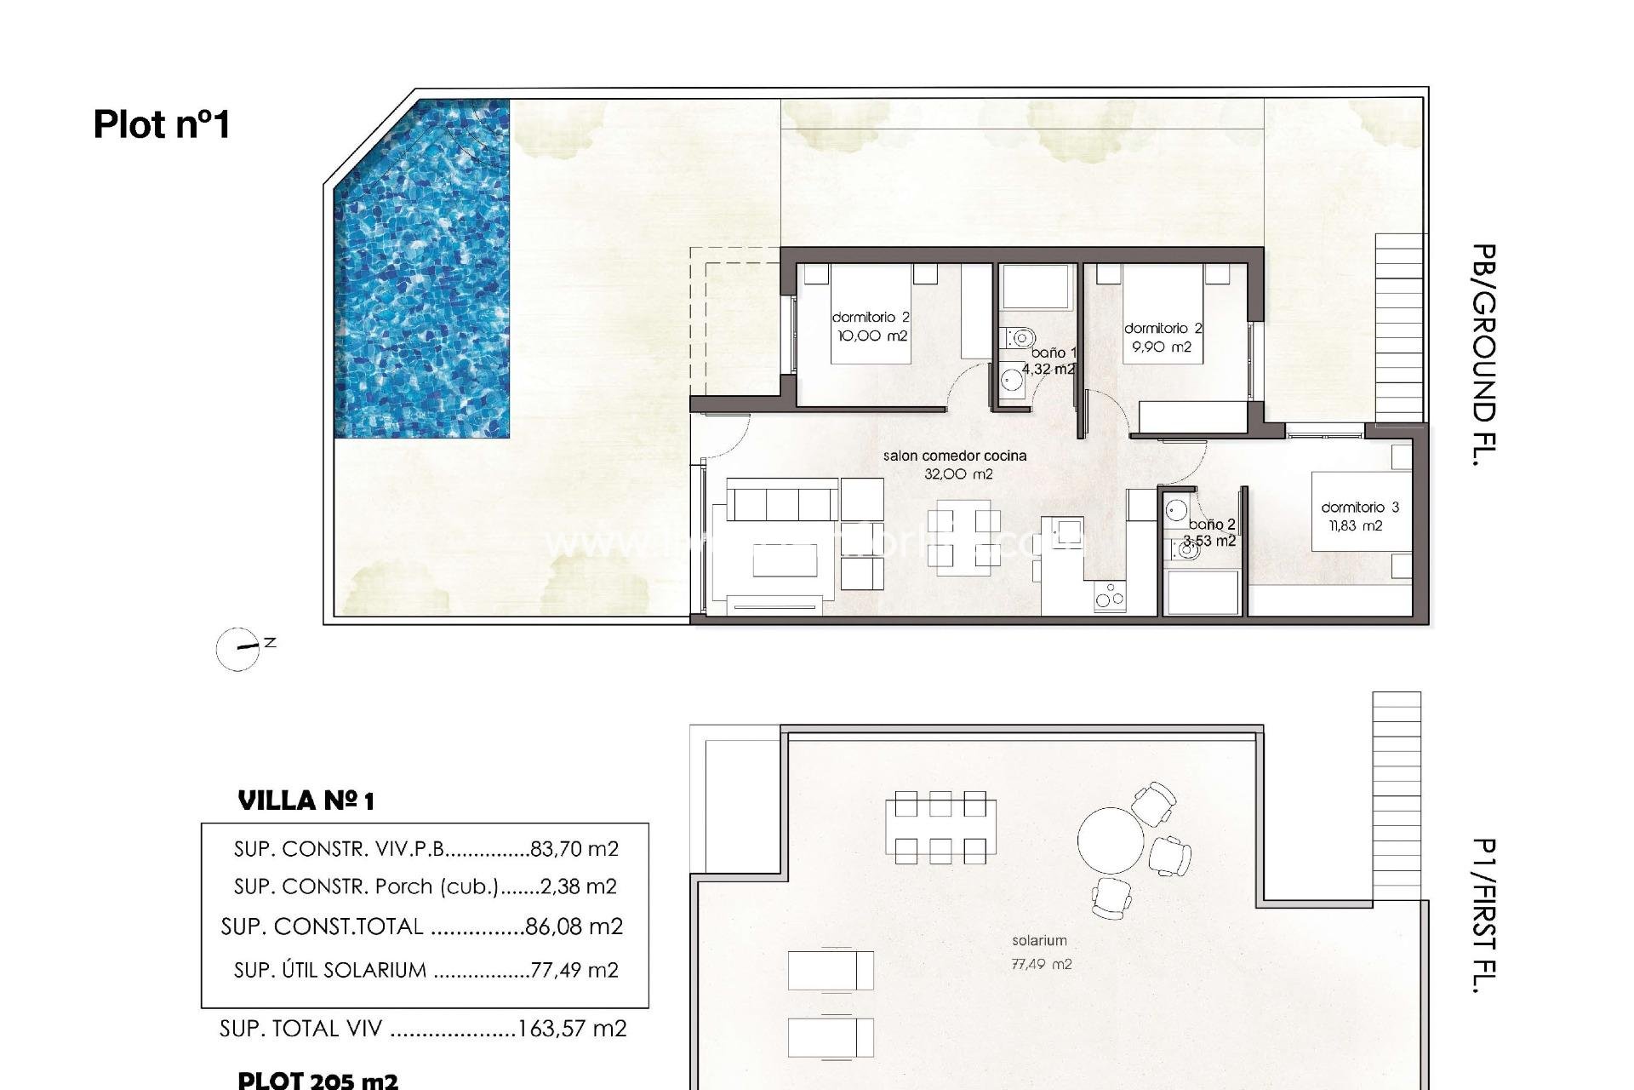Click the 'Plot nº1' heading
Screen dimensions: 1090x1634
pyautogui.click(x=162, y=124)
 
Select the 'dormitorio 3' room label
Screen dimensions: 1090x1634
pyautogui.click(x=1360, y=508)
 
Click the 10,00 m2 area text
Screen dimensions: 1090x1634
pyautogui.click(x=872, y=336)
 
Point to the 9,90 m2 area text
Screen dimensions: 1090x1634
pyautogui.click(x=1161, y=347)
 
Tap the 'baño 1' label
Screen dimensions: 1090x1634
pyautogui.click(x=1054, y=353)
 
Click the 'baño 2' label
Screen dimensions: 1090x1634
pyautogui.click(x=1212, y=525)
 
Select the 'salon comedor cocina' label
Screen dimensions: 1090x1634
pyautogui.click(x=954, y=456)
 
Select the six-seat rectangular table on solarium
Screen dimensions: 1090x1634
pyautogui.click(x=940, y=826)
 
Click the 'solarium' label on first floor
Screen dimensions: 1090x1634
pyautogui.click(x=1039, y=941)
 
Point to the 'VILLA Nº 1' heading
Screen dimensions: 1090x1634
pyautogui.click(x=306, y=801)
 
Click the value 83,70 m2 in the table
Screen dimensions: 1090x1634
pyautogui.click(x=574, y=849)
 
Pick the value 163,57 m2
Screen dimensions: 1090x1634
pyautogui.click(x=572, y=1029)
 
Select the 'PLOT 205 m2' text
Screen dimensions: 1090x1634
pyautogui.click(x=317, y=1081)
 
